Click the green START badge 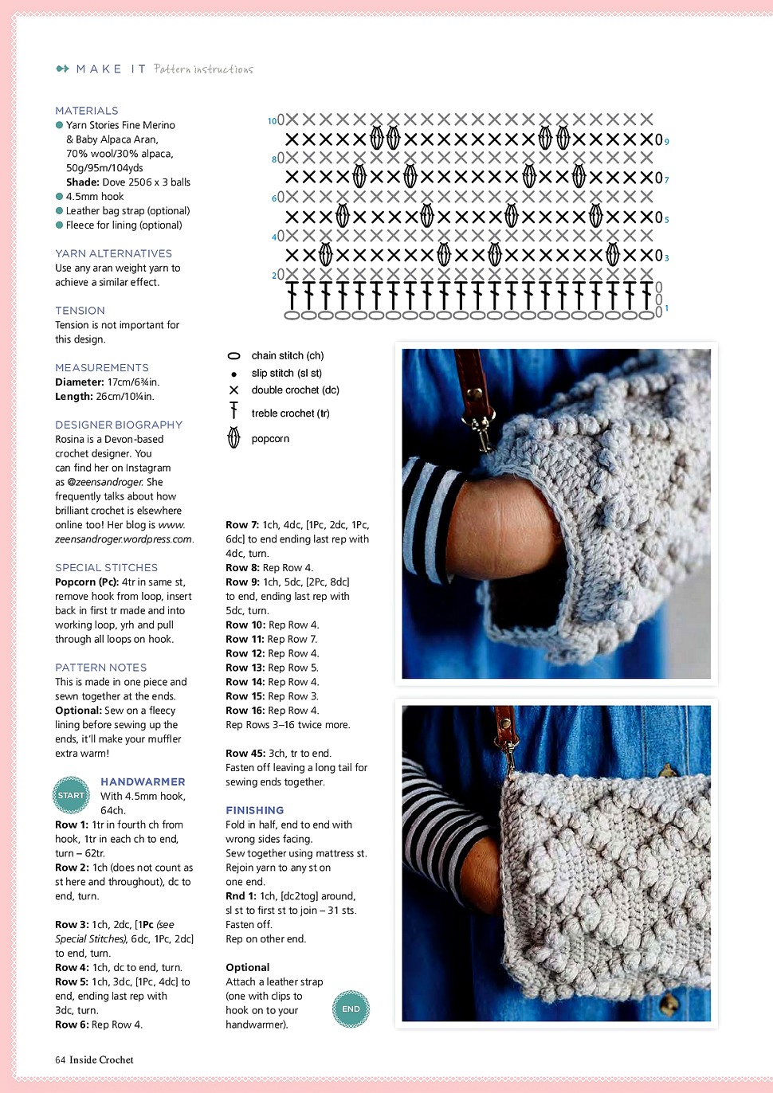[x=71, y=795]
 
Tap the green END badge [x=351, y=1009]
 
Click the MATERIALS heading [x=87, y=111]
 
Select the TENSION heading [x=80, y=311]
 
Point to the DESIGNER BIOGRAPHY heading [x=119, y=425]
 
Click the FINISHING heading [x=254, y=810]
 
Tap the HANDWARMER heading [x=143, y=782]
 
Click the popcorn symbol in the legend [x=233, y=438]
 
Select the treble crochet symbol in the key [x=233, y=411]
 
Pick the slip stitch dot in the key [x=233, y=374]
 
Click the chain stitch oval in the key [x=233, y=356]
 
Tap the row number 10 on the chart [x=272, y=121]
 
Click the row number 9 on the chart [x=667, y=142]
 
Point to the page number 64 [x=61, y=1060]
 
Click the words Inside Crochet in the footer [x=101, y=1060]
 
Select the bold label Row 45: [x=245, y=753]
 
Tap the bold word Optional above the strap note [x=247, y=967]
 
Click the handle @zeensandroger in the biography [x=105, y=482]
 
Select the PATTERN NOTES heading [x=100, y=668]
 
